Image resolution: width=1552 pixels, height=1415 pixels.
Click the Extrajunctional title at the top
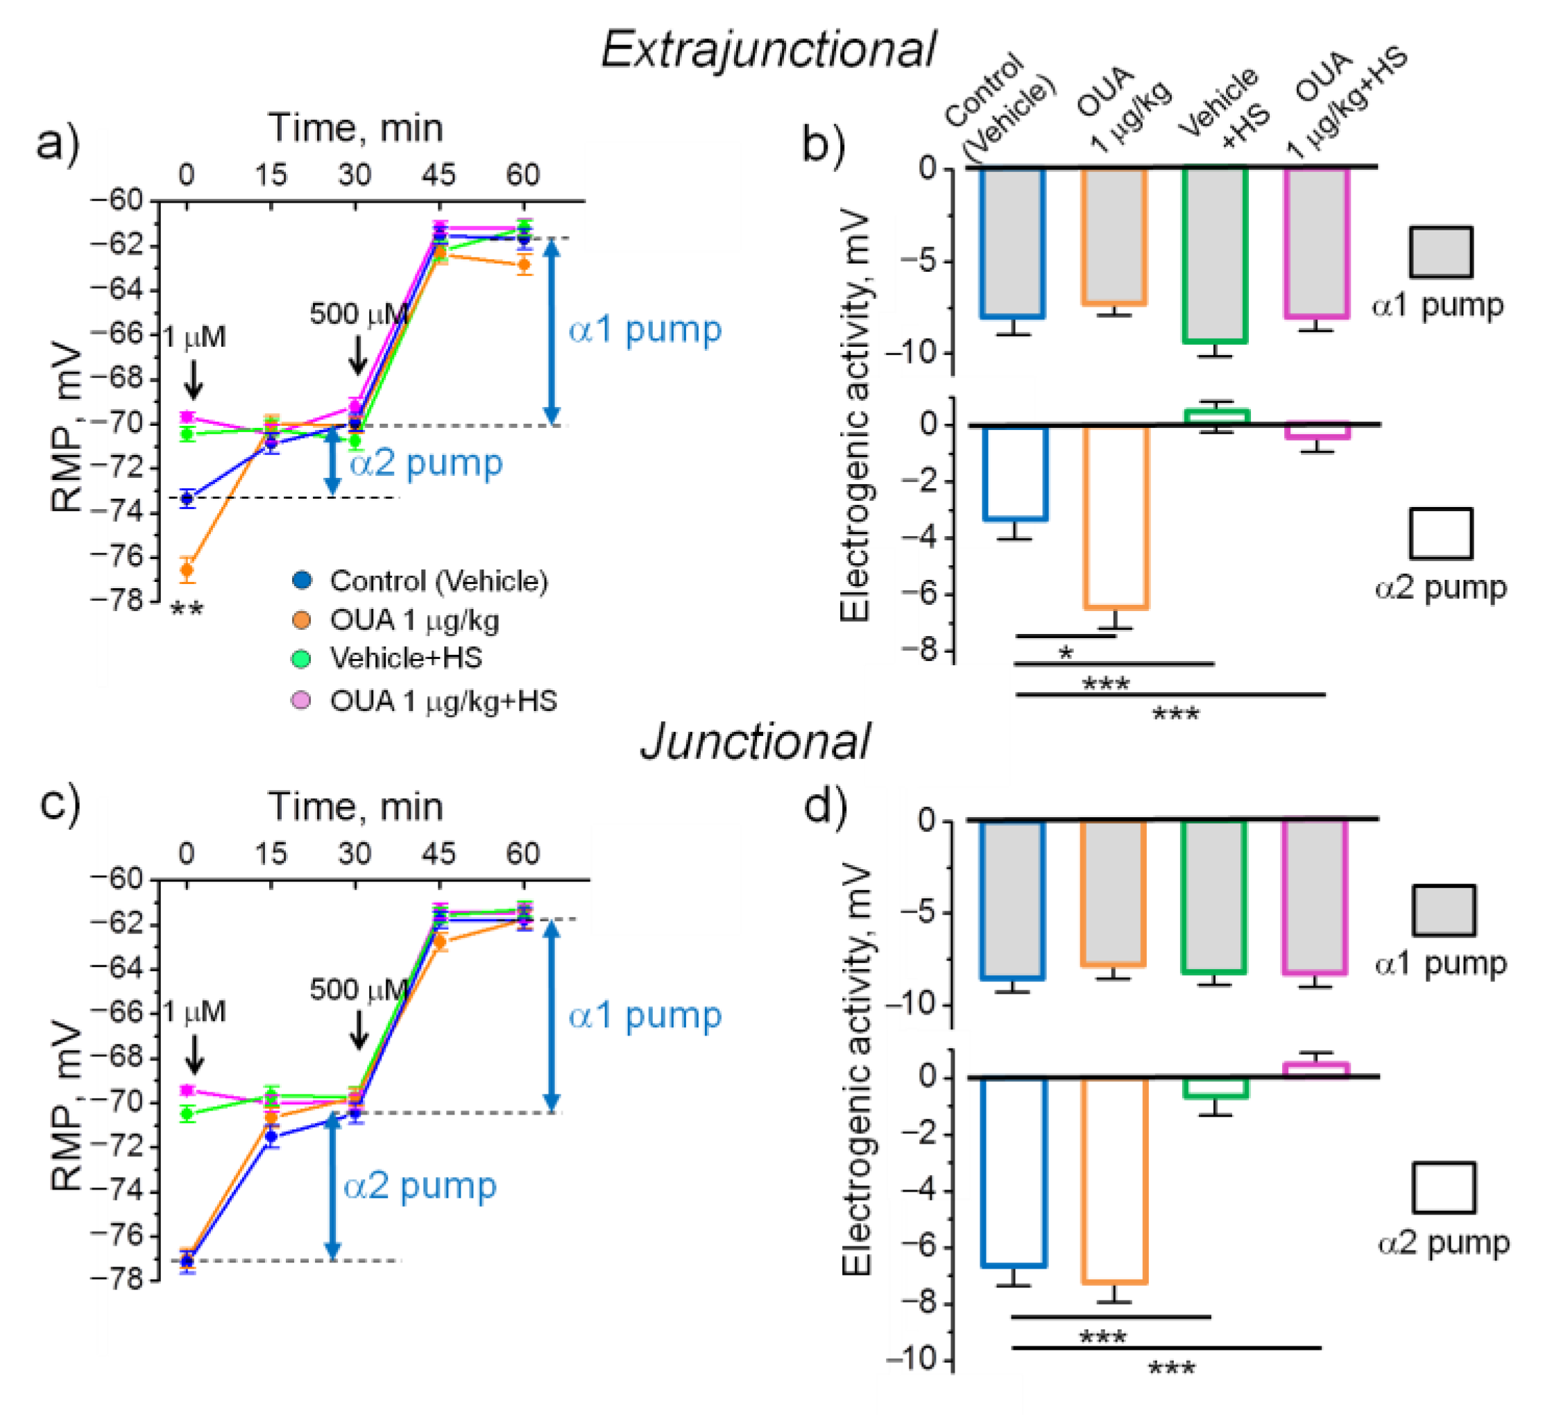pos(768,50)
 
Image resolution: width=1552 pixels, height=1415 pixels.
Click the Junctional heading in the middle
pos(756,741)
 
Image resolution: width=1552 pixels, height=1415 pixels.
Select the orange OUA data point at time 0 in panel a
pos(187,569)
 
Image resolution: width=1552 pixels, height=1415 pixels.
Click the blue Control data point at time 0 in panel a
pos(187,498)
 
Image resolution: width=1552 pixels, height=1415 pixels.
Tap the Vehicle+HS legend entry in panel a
pos(406,658)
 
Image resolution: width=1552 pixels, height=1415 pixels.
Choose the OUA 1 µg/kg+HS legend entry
pos(443,701)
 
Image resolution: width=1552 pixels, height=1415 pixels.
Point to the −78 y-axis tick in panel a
pos(117,599)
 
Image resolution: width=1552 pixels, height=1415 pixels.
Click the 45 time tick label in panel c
pos(438,854)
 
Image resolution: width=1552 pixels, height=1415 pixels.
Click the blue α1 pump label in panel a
pos(645,329)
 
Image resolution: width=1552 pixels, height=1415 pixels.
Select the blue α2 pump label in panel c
pos(420,1185)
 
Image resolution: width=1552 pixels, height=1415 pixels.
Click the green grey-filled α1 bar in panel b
pos(1216,254)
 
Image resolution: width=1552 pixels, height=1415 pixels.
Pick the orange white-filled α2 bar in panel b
pos(1116,516)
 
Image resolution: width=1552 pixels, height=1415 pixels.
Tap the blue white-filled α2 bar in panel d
pos(1014,1170)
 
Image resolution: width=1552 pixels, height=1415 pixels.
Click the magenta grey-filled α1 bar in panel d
pos(1315,897)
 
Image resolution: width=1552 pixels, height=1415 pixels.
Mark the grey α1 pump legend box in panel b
pos(1441,252)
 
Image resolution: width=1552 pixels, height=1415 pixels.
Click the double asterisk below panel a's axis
pos(187,610)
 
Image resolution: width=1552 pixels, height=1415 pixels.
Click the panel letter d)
pos(826,806)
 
